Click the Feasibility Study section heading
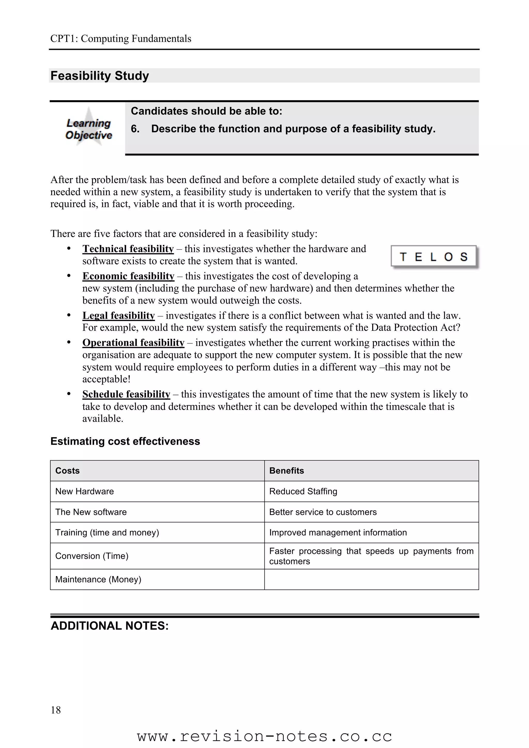tap(100, 76)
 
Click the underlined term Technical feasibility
tap(128, 249)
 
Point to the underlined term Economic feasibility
tap(128, 276)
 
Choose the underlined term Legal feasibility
tap(119, 315)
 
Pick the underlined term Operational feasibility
tap(133, 343)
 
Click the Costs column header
tap(67, 471)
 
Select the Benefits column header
tap(286, 471)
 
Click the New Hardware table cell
tap(85, 491)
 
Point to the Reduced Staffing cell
tap(303, 491)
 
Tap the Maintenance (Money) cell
tap(98, 579)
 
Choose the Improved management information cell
tap(338, 533)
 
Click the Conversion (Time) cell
tap(92, 556)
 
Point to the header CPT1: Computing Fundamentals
tap(121, 39)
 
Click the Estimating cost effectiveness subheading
tap(125, 441)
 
